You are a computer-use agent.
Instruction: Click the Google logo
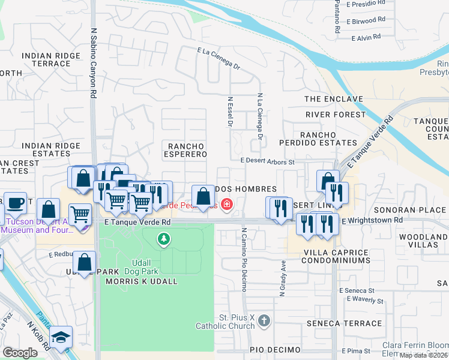(20, 353)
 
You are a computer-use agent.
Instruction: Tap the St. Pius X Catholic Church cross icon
(264, 322)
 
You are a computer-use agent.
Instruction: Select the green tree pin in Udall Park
(163, 240)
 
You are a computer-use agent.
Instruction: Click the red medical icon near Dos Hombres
(226, 205)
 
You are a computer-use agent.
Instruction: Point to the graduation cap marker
(61, 337)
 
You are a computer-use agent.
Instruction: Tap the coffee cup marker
(16, 203)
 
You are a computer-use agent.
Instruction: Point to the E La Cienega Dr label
(218, 59)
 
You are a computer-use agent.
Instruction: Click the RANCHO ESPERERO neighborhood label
(186, 150)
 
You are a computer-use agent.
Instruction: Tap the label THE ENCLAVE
(334, 99)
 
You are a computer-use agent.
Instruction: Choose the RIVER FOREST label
(335, 114)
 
